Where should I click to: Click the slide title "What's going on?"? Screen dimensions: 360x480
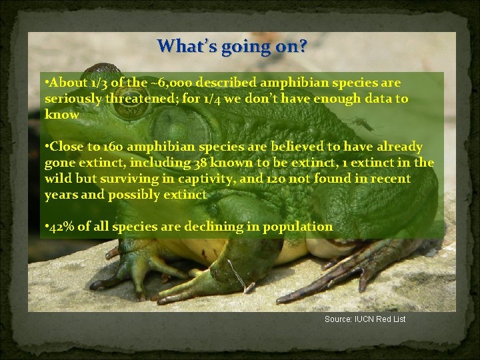[x=232, y=47]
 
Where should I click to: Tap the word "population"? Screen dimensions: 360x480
[x=297, y=227]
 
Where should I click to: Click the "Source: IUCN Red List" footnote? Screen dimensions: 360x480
[x=365, y=319]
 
